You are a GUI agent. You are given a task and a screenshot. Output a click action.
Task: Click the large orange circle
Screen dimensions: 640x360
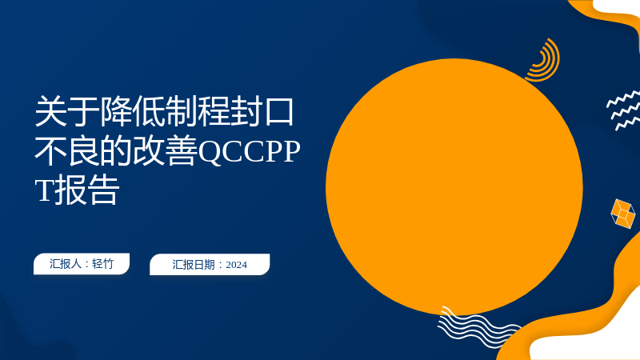click(454, 187)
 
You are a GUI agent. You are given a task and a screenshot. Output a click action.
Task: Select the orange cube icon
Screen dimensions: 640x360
click(623, 214)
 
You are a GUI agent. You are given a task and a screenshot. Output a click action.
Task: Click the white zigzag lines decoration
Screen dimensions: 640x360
click(624, 110)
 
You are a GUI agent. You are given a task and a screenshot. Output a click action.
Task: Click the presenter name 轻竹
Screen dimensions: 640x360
click(103, 264)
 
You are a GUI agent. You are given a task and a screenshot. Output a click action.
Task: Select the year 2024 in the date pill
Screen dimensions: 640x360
click(236, 265)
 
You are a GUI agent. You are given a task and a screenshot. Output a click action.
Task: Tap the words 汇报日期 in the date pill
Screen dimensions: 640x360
click(194, 265)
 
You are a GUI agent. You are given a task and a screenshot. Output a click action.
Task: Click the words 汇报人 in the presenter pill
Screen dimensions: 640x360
click(66, 264)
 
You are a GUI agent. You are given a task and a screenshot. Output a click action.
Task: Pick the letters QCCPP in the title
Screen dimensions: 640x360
click(249, 152)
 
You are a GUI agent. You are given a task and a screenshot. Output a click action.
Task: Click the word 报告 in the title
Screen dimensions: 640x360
click(86, 190)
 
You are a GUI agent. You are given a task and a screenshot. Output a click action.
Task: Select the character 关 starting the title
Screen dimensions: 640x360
click(50, 111)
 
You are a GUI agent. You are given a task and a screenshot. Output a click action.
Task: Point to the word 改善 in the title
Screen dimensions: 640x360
click(165, 151)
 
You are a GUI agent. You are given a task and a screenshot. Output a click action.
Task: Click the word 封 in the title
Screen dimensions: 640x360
click(246, 111)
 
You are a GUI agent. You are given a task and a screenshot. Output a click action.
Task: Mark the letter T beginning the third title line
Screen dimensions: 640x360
click(44, 190)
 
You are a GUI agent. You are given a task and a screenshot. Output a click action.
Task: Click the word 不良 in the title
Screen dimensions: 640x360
click(67, 151)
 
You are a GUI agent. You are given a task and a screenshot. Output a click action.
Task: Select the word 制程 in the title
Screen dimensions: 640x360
click(198, 111)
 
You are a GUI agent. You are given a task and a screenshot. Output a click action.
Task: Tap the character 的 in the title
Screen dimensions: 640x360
click(116, 151)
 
